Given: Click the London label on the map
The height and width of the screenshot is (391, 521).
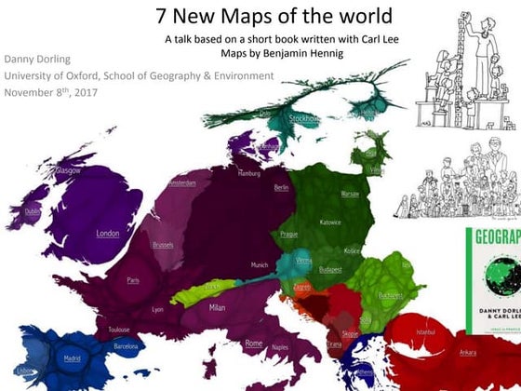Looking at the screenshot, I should click(108, 234).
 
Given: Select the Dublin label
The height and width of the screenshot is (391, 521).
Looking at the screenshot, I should click(33, 211).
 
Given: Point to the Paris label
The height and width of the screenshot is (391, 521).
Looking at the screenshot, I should click(133, 279).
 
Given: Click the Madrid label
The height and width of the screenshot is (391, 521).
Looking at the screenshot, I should click(72, 357).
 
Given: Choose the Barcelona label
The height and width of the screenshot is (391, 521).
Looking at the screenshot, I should click(126, 345).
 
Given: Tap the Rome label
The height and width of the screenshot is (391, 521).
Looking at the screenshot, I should click(253, 344).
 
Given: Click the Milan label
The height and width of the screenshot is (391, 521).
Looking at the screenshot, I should click(217, 306).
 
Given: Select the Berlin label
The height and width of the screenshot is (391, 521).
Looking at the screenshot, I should click(281, 187).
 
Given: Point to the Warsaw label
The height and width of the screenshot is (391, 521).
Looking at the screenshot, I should click(350, 194).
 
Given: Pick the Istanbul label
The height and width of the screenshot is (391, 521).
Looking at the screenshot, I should click(426, 331).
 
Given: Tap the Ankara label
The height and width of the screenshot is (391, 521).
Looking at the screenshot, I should click(468, 352).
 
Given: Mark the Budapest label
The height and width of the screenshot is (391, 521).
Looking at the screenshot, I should click(330, 269).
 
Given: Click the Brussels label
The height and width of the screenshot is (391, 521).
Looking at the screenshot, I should click(163, 245).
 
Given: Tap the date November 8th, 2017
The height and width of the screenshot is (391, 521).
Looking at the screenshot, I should click(51, 92).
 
